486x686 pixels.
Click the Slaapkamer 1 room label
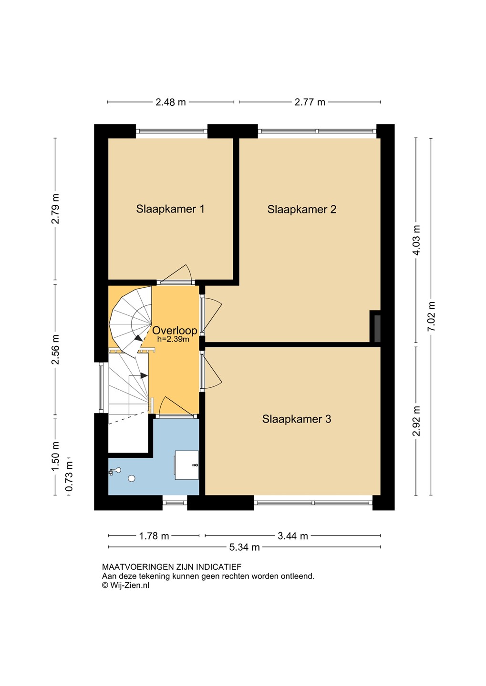click(x=170, y=209)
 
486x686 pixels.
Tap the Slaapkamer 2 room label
click(x=302, y=210)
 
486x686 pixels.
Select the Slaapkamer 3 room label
click(x=297, y=419)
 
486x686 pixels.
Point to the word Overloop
click(x=175, y=331)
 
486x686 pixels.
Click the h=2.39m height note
click(x=173, y=339)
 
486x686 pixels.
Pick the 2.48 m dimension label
click(x=171, y=102)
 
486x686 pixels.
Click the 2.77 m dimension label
click(x=310, y=102)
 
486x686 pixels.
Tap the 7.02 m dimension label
click(x=432, y=316)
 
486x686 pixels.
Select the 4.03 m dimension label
click(x=417, y=240)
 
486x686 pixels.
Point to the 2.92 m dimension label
click(x=416, y=421)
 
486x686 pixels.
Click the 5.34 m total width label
click(x=244, y=547)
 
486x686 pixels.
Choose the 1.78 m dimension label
click(x=154, y=536)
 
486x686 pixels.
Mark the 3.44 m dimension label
click(x=293, y=536)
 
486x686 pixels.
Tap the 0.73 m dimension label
click(x=70, y=476)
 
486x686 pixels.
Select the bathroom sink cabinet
click(x=187, y=465)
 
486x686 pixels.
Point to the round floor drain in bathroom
click(x=132, y=478)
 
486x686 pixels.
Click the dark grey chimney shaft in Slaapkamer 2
click(x=377, y=328)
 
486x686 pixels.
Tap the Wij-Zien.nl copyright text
click(x=126, y=585)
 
